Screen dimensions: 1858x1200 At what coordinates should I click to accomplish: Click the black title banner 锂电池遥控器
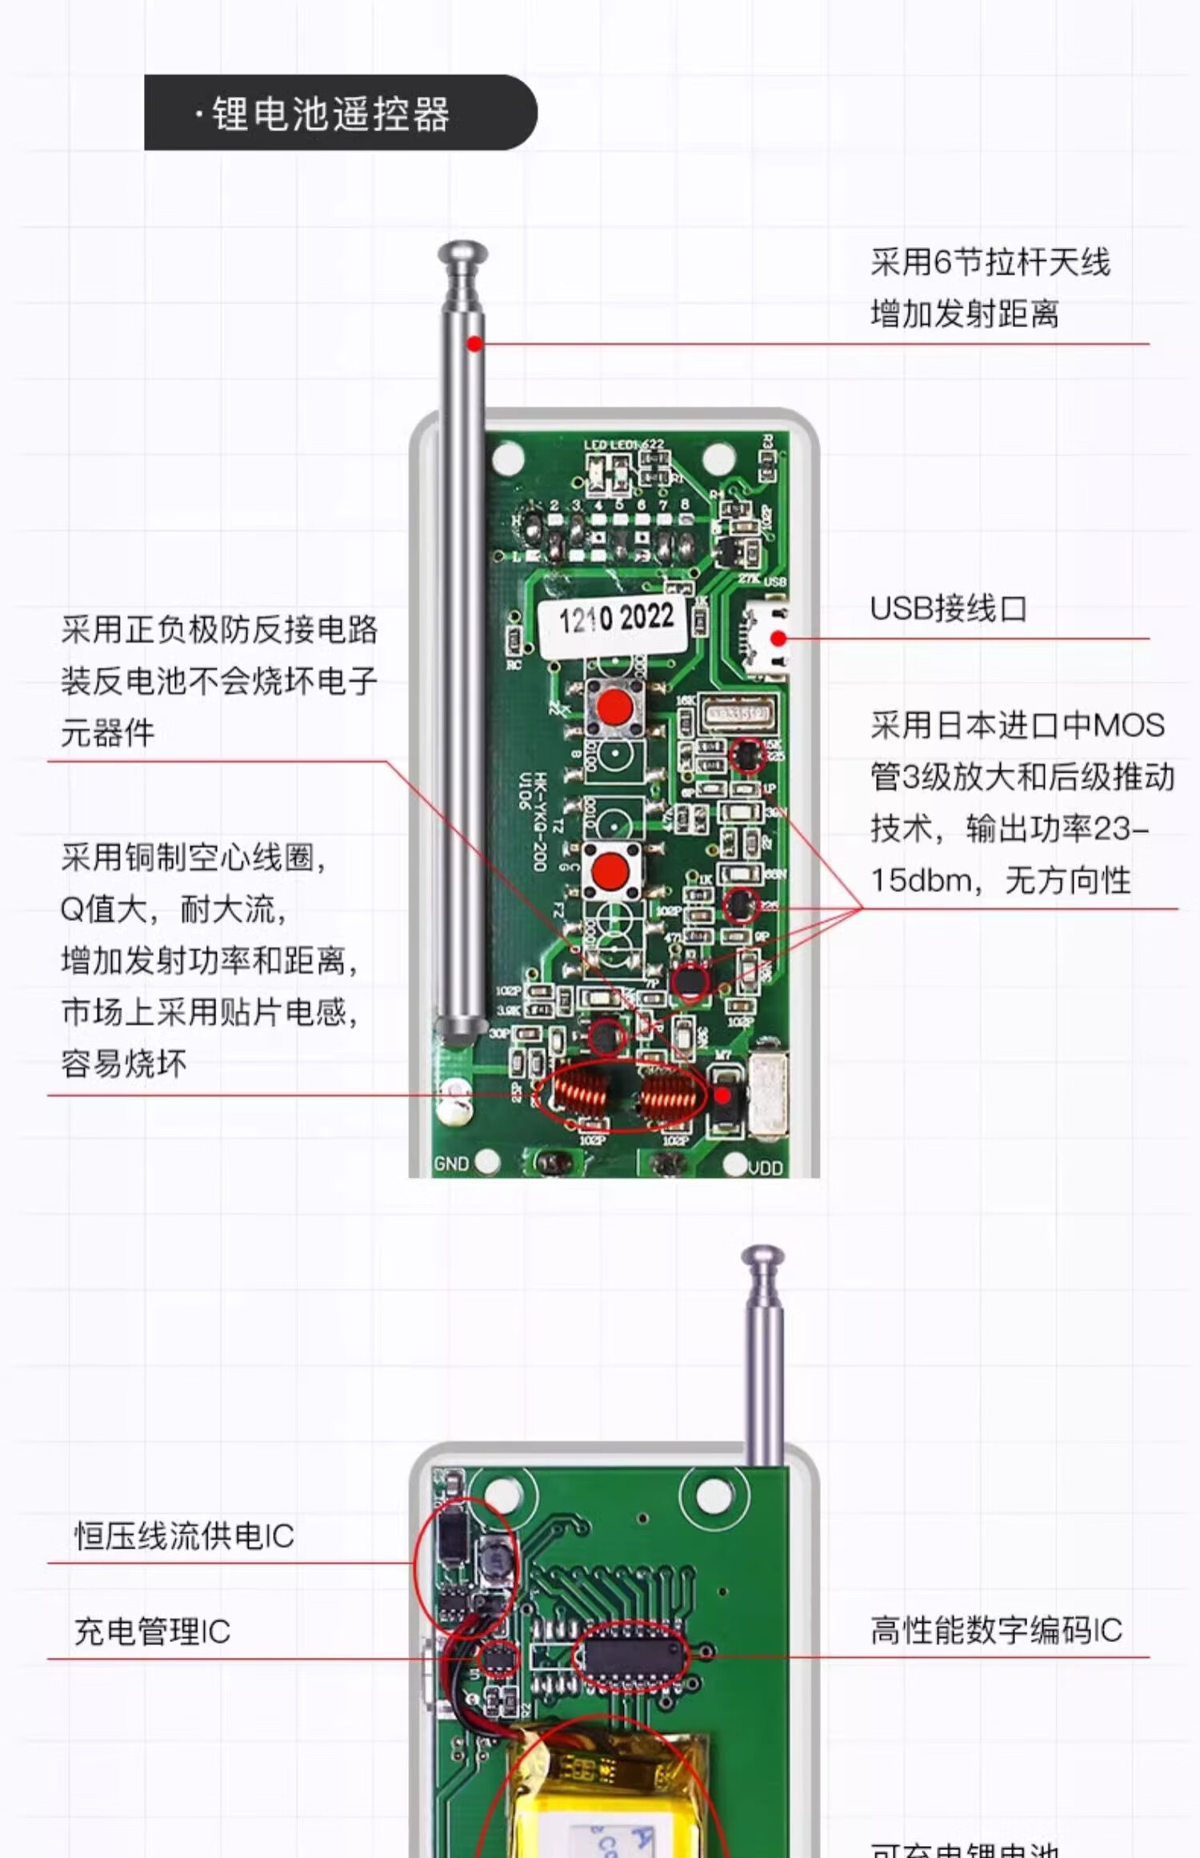pyautogui.click(x=340, y=113)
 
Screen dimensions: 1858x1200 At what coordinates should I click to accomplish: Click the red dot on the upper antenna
pyautogui.click(x=474, y=344)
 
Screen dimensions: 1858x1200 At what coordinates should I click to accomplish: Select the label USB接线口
pyautogui.click(x=948, y=609)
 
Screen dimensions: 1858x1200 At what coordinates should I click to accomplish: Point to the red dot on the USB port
pyautogui.click(x=778, y=639)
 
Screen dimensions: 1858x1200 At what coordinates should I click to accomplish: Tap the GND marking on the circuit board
pyautogui.click(x=451, y=1163)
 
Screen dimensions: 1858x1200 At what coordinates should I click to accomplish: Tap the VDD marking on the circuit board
pyautogui.click(x=765, y=1168)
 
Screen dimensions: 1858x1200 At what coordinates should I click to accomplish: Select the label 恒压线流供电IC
pyautogui.click(x=184, y=1536)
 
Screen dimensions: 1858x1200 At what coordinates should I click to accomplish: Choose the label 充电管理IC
pyautogui.click(x=152, y=1632)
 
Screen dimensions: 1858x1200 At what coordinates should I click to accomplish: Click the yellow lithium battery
pyautogui.click(x=608, y=1808)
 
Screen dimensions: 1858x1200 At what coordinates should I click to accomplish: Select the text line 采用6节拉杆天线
pyautogui.click(x=990, y=262)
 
